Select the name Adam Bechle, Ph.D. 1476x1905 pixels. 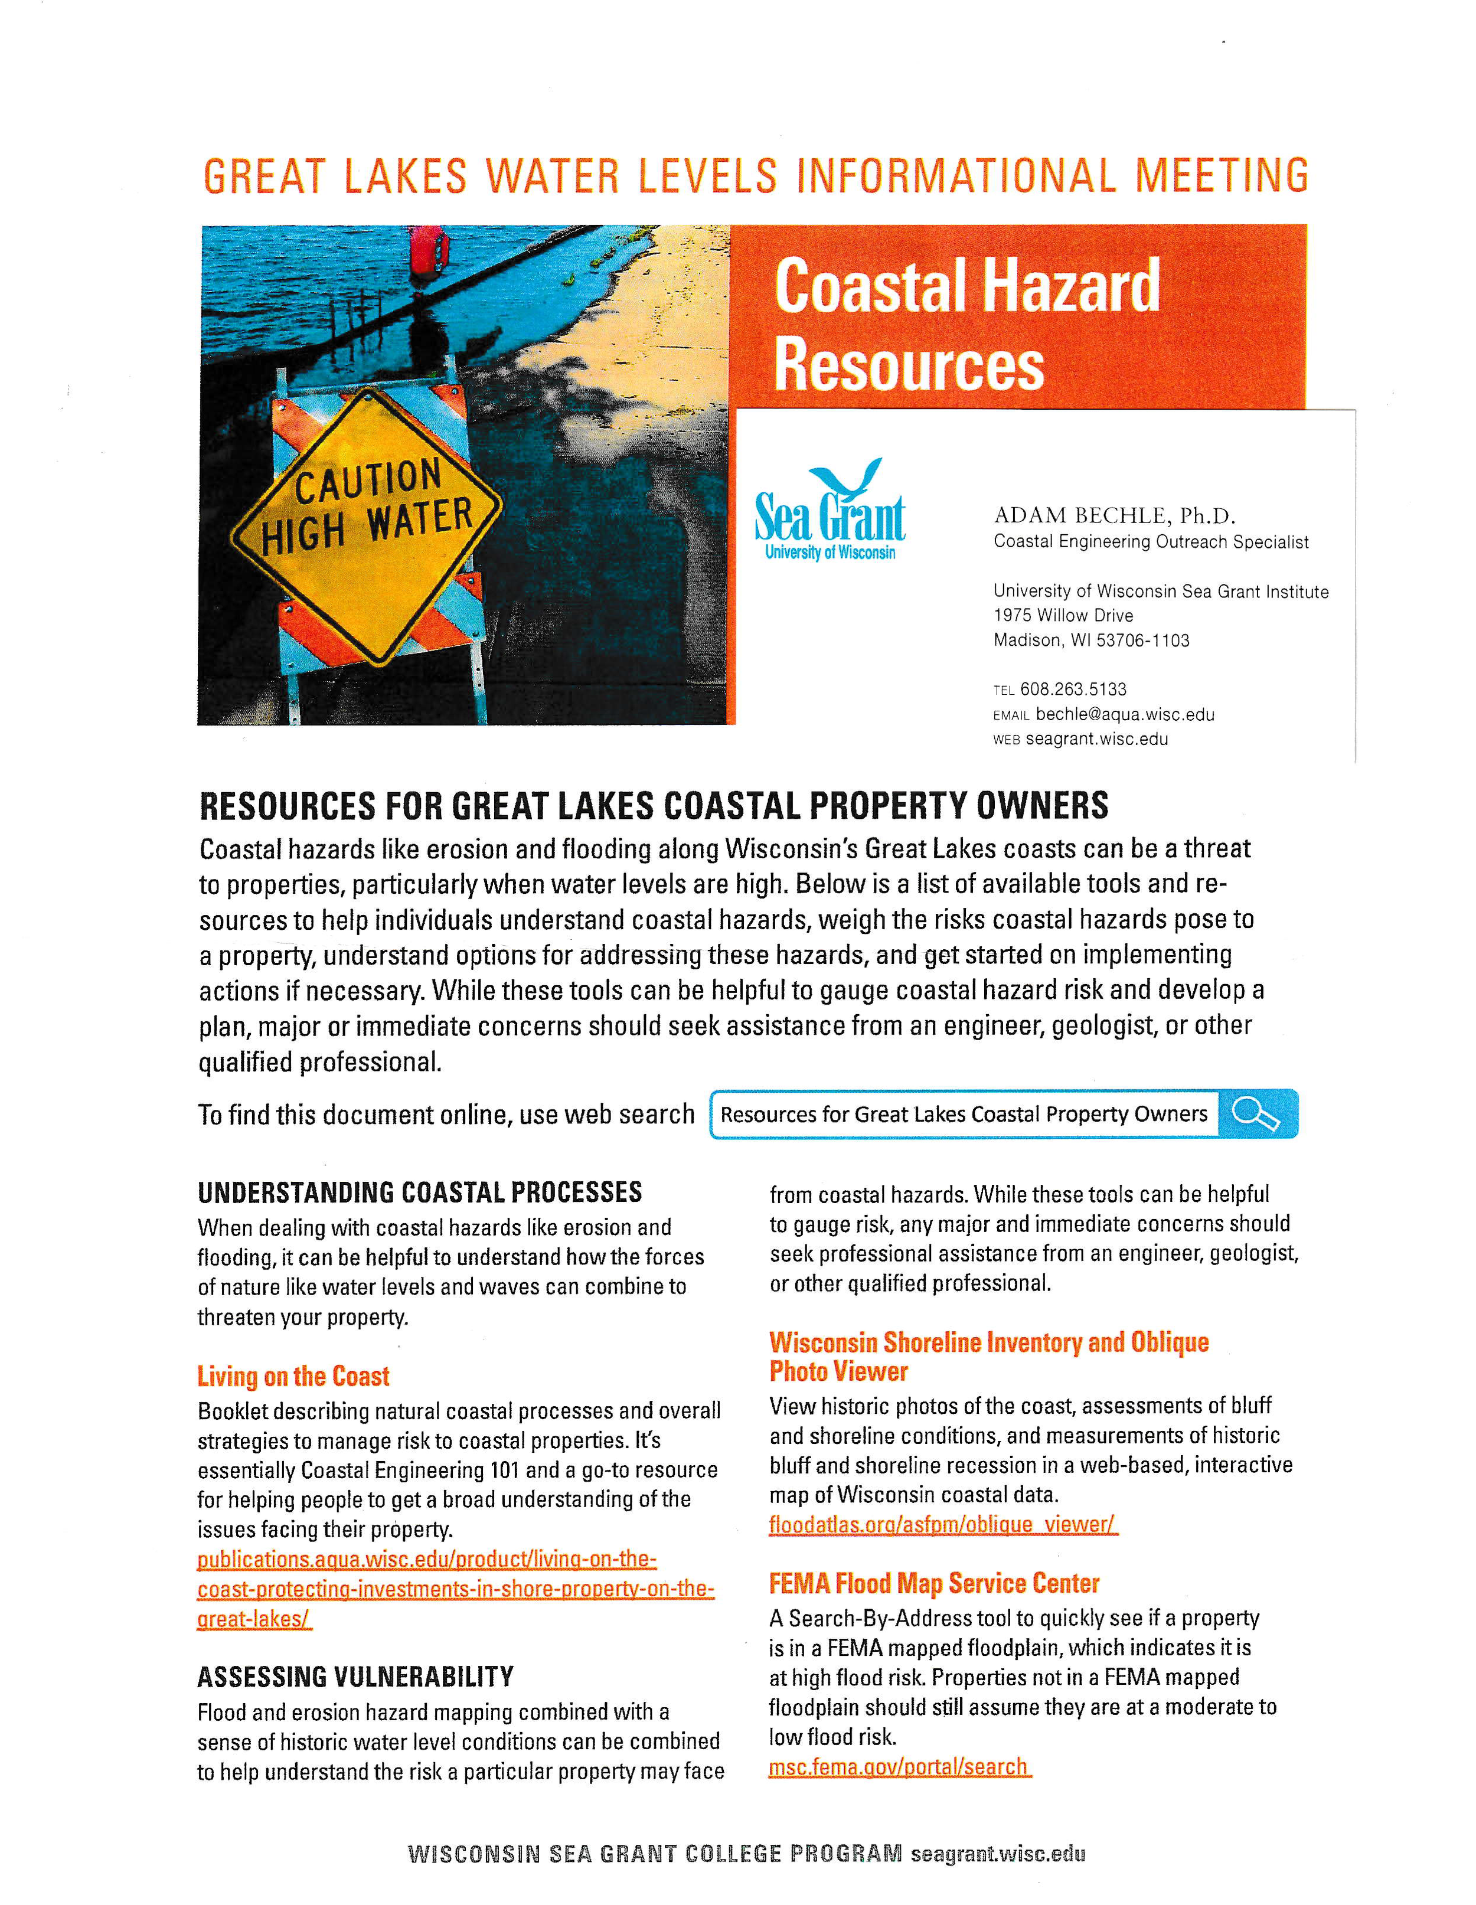[x=1114, y=515]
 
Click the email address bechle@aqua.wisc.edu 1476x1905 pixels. [x=1125, y=714]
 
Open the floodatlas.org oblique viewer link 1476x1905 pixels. [x=942, y=1525]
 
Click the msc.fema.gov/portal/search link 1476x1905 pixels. [x=899, y=1767]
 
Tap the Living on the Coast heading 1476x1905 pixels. [x=293, y=1377]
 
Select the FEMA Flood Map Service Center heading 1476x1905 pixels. [x=933, y=1583]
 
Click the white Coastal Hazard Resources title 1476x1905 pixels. [x=966, y=325]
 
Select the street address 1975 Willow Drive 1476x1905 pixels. [x=1063, y=616]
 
